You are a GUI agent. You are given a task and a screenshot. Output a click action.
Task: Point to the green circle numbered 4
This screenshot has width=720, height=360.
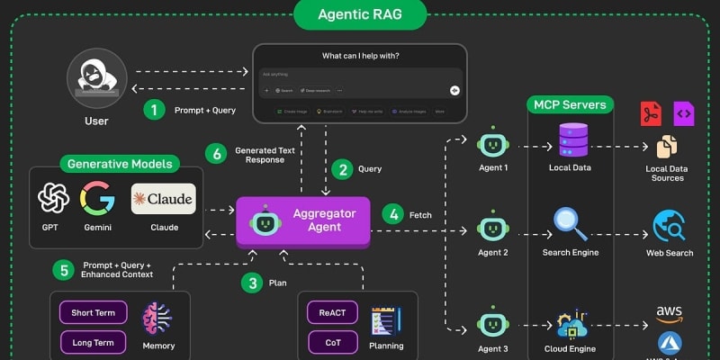(392, 214)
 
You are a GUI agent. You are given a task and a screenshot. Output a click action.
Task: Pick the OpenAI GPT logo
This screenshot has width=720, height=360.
(53, 198)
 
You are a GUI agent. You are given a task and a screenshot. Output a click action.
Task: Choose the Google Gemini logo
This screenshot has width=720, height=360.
(96, 198)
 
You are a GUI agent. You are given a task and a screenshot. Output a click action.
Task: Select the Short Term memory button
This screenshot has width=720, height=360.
(94, 313)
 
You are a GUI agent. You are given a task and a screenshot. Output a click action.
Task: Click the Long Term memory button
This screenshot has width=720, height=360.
(94, 342)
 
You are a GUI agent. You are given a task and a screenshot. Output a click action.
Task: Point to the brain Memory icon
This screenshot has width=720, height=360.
(158, 319)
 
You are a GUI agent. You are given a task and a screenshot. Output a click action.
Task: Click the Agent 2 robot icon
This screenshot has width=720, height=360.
(492, 226)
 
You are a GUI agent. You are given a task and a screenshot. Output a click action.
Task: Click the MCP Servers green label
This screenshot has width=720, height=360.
(570, 105)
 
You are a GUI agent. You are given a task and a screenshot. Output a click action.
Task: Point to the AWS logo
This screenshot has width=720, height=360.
(670, 313)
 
